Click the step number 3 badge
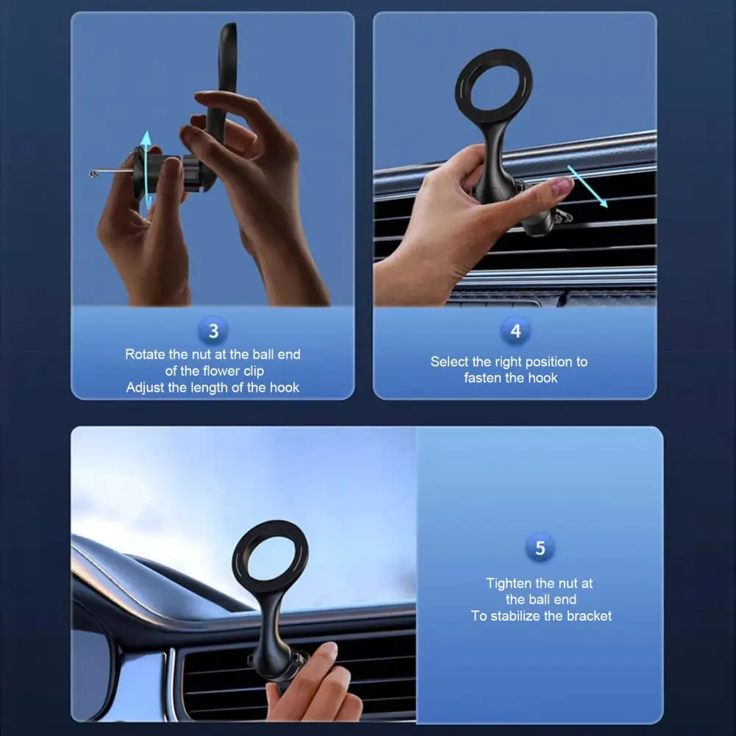pyautogui.click(x=213, y=331)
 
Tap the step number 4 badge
pyautogui.click(x=515, y=331)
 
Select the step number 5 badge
pyautogui.click(x=540, y=548)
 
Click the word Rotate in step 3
pyautogui.click(x=146, y=354)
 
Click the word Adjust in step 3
pyautogui.click(x=145, y=387)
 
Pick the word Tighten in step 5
pyautogui.click(x=511, y=583)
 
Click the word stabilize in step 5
pyautogui.click(x=521, y=616)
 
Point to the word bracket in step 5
pyautogui.click(x=587, y=616)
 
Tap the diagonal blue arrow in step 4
pyautogui.click(x=588, y=187)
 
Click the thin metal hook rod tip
pyautogui.click(x=93, y=174)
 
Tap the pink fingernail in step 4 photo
pyautogui.click(x=562, y=188)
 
